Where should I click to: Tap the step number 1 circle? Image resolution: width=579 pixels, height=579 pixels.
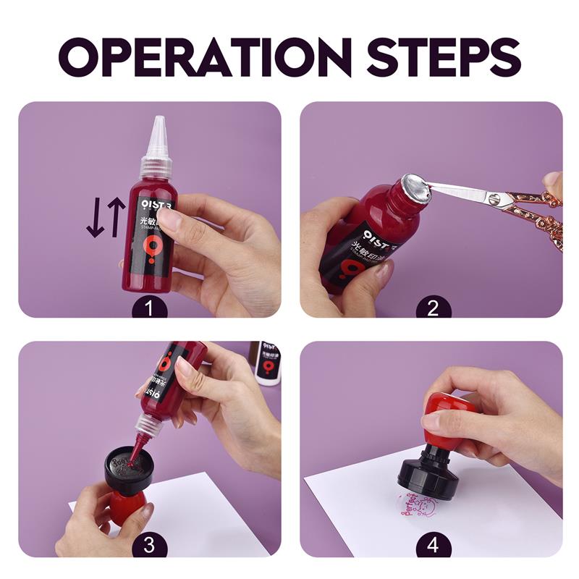(x=149, y=308)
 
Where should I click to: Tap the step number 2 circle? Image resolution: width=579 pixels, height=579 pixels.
(x=433, y=308)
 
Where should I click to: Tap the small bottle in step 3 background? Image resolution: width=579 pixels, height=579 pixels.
(x=267, y=362)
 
